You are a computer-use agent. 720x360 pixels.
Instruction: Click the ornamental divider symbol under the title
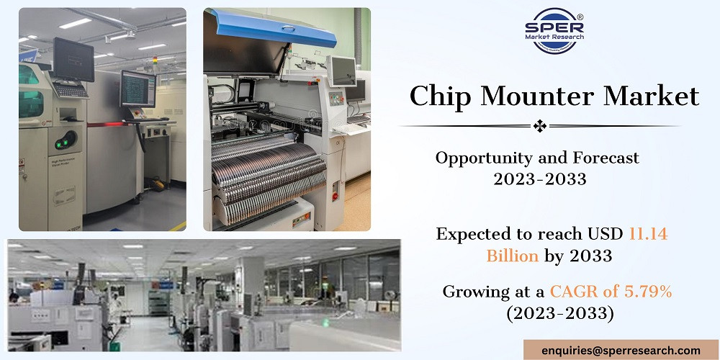point(539,126)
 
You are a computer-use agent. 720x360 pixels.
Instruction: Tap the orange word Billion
point(513,256)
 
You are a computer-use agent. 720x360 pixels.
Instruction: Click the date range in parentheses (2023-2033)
point(559,314)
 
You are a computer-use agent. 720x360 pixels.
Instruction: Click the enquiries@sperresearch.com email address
point(621,351)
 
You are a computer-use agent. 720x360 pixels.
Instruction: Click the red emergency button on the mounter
point(336,196)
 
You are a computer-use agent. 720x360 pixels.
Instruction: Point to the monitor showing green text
point(138,89)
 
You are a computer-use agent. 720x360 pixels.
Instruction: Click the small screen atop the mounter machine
point(341,71)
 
